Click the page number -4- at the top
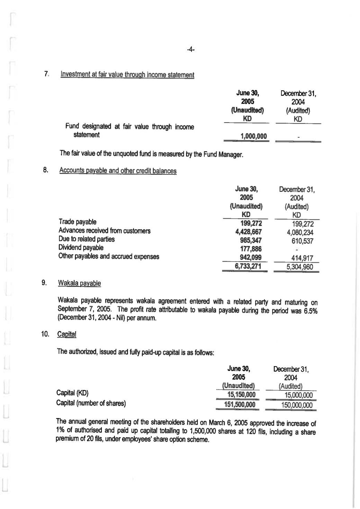190,50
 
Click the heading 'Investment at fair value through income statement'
127,75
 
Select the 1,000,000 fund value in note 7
253,136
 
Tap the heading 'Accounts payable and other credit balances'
118,171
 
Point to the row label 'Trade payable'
78,222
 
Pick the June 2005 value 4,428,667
248,232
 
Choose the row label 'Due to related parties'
87,239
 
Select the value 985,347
251,240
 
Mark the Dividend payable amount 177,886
251,249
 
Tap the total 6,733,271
248,266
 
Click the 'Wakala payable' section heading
79,283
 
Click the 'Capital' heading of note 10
66,334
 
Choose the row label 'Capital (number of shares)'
91,403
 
